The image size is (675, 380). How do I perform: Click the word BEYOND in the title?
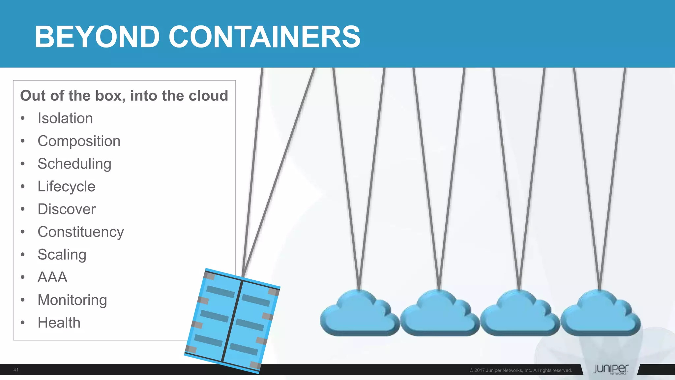(x=97, y=37)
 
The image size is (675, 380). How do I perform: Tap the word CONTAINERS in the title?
(x=264, y=37)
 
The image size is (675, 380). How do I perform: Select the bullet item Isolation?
(x=65, y=118)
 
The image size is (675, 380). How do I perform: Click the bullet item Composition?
(x=79, y=141)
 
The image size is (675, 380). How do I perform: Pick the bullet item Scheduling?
(x=74, y=164)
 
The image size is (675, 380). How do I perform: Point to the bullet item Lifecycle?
(x=67, y=186)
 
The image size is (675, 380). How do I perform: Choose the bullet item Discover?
(x=67, y=209)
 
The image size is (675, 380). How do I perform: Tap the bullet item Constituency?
(x=81, y=232)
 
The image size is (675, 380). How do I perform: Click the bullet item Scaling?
(x=62, y=255)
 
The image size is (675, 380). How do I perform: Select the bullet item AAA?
(x=53, y=277)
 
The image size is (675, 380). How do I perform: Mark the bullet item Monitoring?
(x=73, y=300)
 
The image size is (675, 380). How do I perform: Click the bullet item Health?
(x=59, y=323)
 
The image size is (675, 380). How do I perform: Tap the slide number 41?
(x=16, y=370)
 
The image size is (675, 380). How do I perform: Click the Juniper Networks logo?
(x=610, y=369)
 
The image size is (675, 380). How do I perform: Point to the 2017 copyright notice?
(x=520, y=370)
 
